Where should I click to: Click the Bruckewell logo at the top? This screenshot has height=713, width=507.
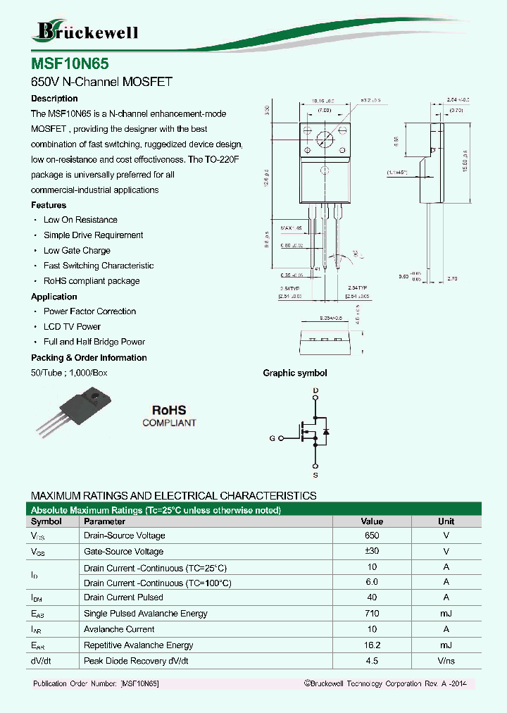click(86, 31)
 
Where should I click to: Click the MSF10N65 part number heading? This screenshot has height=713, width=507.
click(70, 63)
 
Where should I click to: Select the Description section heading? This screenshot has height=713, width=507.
click(54, 99)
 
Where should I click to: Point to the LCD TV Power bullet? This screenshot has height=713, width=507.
click(72, 327)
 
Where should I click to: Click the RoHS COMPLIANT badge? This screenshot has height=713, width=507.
click(169, 416)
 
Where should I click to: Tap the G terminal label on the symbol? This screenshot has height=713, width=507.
click(272, 438)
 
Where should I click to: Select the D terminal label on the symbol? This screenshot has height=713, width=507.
click(315, 390)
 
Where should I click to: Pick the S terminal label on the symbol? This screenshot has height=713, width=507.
click(315, 476)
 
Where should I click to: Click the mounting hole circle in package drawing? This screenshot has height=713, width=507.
click(325, 139)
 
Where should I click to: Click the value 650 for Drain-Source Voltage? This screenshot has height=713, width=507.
click(372, 536)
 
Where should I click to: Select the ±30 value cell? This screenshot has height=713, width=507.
click(372, 552)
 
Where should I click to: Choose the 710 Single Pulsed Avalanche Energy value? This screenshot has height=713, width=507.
click(372, 614)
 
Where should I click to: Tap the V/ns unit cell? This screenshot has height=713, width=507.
click(446, 661)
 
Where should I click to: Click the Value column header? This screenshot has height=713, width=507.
click(372, 521)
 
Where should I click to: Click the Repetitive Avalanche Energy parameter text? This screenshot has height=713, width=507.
click(138, 645)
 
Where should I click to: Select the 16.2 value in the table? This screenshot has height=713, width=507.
click(372, 645)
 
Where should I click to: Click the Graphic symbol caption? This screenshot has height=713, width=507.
click(295, 373)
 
